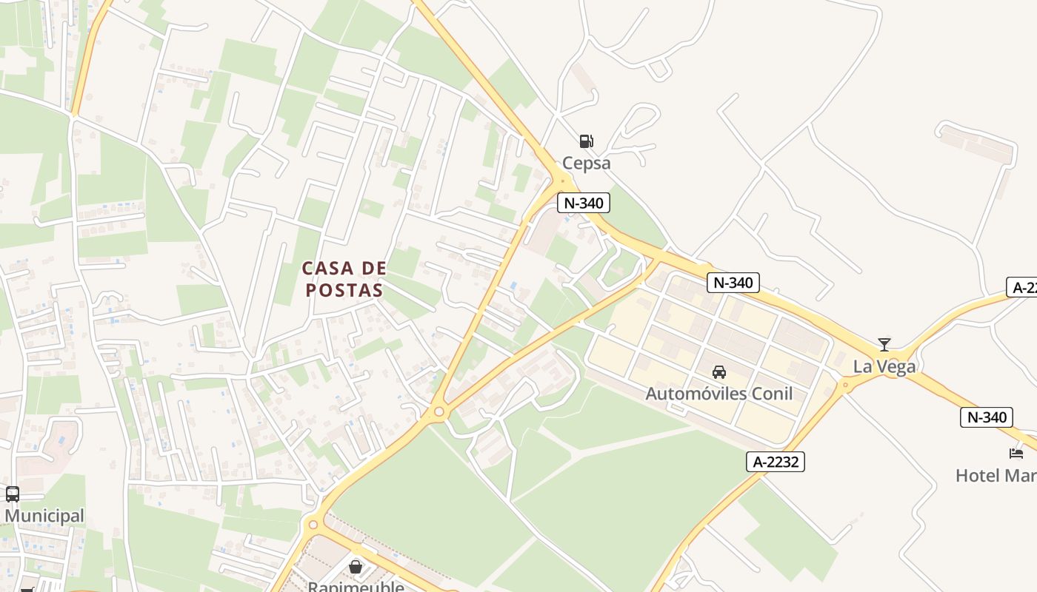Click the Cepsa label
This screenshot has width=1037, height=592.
click(x=586, y=163)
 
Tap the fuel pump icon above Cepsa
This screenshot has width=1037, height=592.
click(x=586, y=141)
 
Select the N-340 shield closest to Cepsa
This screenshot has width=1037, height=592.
click(x=583, y=203)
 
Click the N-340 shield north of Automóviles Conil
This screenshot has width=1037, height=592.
click(x=733, y=282)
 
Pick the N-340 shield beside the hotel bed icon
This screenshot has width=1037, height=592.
click(x=987, y=417)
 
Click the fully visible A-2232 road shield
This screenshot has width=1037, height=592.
click(x=775, y=462)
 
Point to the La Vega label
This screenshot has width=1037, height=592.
click(x=884, y=366)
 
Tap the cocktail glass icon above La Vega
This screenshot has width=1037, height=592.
click(x=884, y=345)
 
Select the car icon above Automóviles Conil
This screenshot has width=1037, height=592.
click(x=718, y=371)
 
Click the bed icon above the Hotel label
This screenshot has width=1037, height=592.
click(x=1016, y=453)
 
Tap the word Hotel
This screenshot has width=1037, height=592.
click(x=978, y=475)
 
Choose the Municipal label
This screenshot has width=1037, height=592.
click(x=44, y=516)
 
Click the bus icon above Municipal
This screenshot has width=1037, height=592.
click(x=13, y=494)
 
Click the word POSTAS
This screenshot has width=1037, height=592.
click(x=344, y=290)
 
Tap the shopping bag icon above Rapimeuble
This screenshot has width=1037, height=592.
click(x=356, y=567)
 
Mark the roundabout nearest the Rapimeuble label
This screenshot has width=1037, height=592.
click(x=313, y=525)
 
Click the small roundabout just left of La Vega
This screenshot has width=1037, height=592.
click(x=845, y=384)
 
